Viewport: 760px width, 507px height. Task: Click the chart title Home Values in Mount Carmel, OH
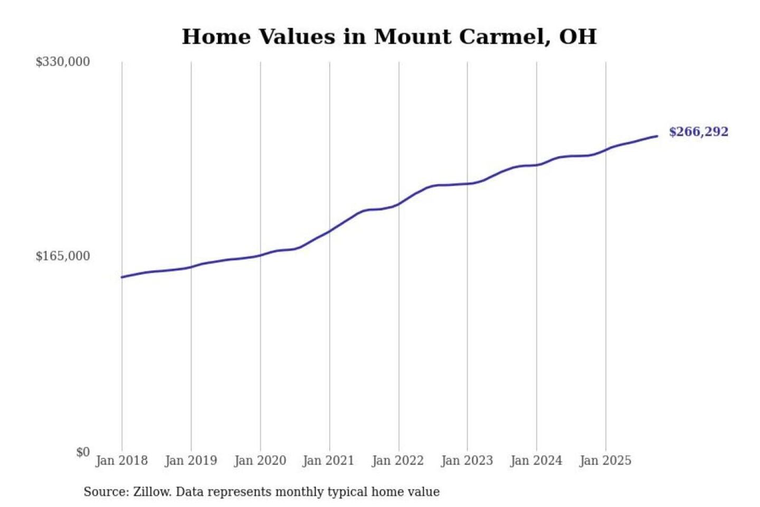coord(389,37)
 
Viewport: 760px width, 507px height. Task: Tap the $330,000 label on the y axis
coord(62,62)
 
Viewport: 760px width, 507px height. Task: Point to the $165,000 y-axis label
coord(62,256)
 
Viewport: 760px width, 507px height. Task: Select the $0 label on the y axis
coord(83,452)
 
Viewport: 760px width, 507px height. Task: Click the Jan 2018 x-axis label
coord(121,461)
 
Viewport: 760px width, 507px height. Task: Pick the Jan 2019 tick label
coord(191,461)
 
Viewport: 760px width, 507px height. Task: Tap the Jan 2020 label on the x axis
coord(260,461)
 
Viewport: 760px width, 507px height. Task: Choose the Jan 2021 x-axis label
coord(328,461)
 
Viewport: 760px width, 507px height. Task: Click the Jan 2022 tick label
coord(397,461)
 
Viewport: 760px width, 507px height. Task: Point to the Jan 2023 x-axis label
coord(467,461)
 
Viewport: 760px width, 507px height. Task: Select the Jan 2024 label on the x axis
coord(536,461)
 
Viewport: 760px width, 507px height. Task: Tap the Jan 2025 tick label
coord(605,461)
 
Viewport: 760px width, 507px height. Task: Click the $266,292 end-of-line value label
coord(698,132)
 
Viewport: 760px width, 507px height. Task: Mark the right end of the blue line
coord(657,136)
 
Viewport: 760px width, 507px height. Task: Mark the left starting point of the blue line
coord(122,277)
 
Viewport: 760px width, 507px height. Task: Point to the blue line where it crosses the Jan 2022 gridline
coord(399,204)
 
